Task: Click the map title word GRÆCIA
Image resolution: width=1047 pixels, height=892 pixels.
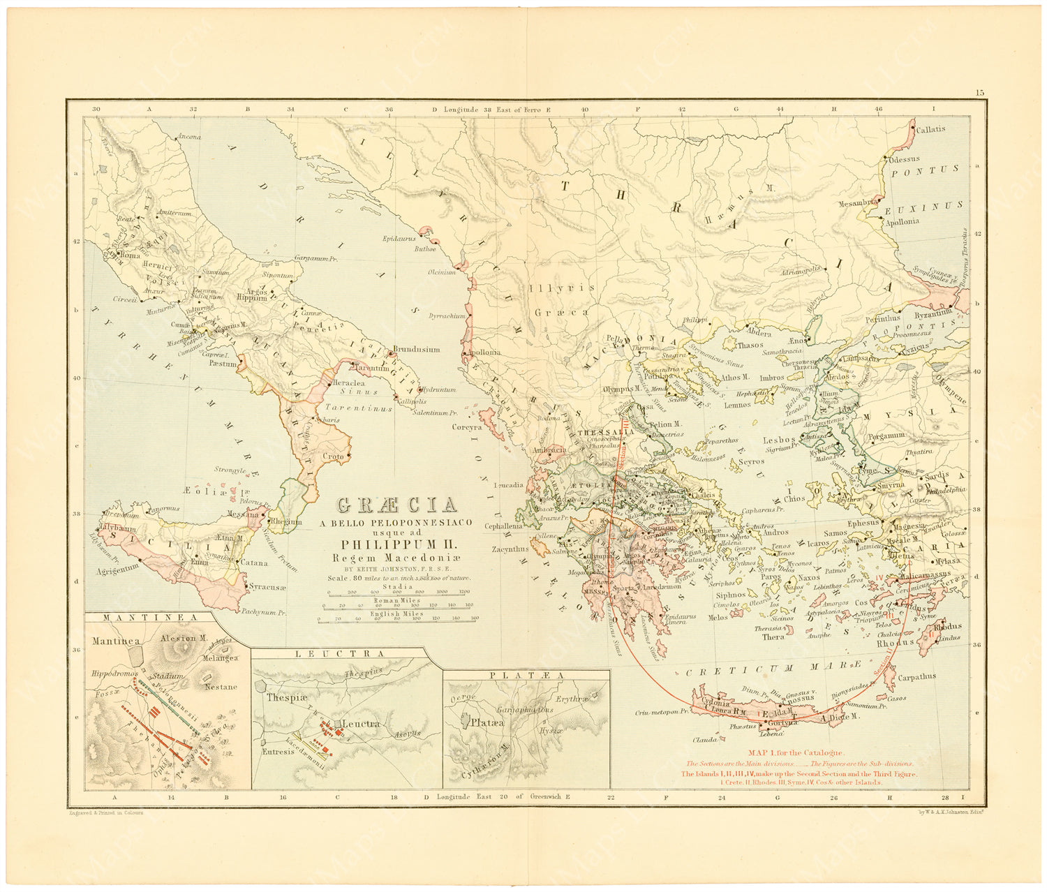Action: (397, 505)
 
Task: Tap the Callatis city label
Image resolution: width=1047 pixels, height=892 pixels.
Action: (933, 129)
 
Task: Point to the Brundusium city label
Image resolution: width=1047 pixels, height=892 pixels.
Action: (416, 349)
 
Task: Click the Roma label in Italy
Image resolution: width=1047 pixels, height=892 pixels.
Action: (130, 255)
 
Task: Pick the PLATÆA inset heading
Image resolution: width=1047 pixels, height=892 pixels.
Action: (526, 675)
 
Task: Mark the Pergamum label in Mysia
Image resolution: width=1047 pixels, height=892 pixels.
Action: (886, 435)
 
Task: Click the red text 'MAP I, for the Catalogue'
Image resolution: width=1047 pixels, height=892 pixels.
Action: (796, 752)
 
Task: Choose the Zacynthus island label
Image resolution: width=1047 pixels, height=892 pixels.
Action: (510, 549)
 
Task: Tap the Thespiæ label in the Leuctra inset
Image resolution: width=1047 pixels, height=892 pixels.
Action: (283, 697)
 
